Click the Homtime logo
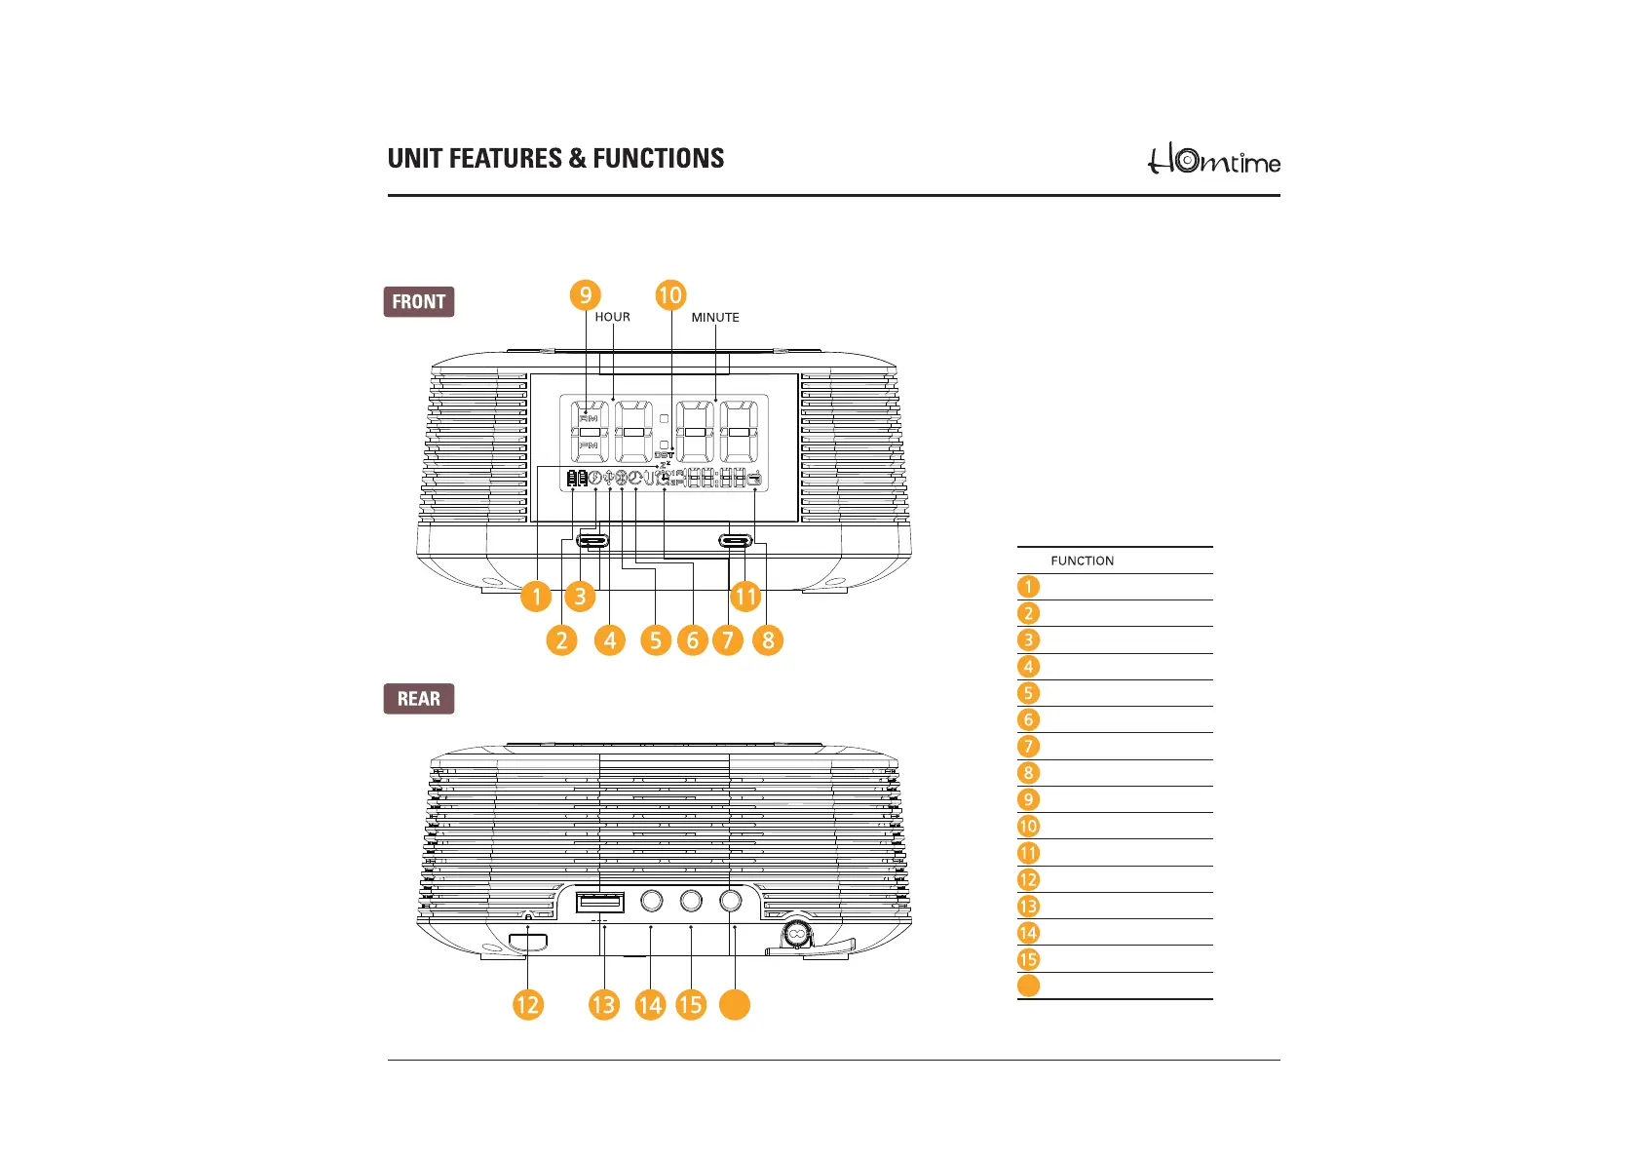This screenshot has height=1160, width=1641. (x=1213, y=160)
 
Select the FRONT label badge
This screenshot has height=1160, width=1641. (x=419, y=302)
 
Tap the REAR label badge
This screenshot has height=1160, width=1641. (x=419, y=699)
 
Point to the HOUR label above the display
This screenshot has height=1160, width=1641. (x=612, y=317)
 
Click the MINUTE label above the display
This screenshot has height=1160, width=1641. (x=715, y=318)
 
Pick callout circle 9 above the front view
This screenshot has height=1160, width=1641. (x=585, y=294)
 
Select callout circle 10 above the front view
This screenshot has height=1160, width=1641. (x=670, y=294)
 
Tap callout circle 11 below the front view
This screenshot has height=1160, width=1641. (x=745, y=596)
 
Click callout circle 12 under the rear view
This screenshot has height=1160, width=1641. (x=527, y=1005)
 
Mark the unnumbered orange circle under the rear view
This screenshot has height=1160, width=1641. (x=735, y=1005)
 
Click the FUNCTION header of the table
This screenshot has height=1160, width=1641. (x=1082, y=561)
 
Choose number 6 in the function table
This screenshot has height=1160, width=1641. (x=1028, y=720)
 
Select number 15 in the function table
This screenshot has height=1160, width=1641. (x=1028, y=959)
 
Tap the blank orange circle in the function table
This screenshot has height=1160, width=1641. (x=1028, y=986)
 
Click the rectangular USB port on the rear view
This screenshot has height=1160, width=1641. (x=600, y=903)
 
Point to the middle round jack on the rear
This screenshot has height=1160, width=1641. (x=691, y=901)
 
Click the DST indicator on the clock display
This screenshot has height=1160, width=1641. (x=664, y=455)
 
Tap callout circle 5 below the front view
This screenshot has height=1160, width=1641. (x=656, y=640)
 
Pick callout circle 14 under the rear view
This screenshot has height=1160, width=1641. (x=650, y=1005)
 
